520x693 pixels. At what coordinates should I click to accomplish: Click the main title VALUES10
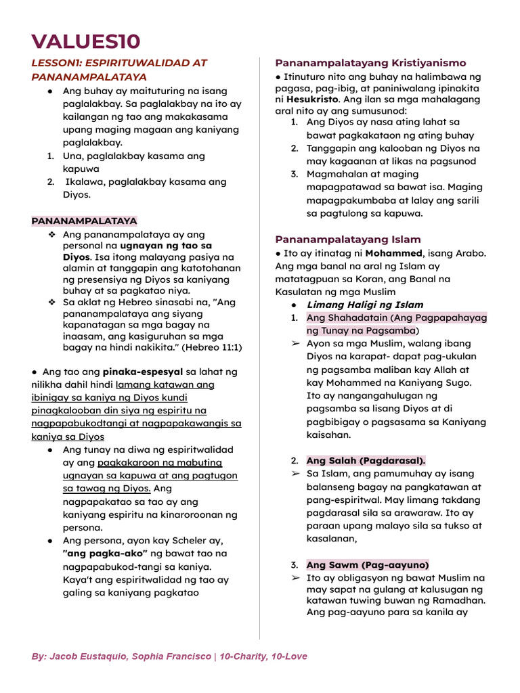point(86,41)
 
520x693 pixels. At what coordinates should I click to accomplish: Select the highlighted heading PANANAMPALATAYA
point(84,221)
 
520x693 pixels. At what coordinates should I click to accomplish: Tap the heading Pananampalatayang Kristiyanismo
point(370,63)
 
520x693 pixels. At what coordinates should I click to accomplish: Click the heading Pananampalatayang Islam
point(347,240)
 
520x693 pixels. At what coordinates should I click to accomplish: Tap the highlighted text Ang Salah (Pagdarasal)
point(366,460)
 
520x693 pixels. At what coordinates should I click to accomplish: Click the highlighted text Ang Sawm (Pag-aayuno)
point(368,564)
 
